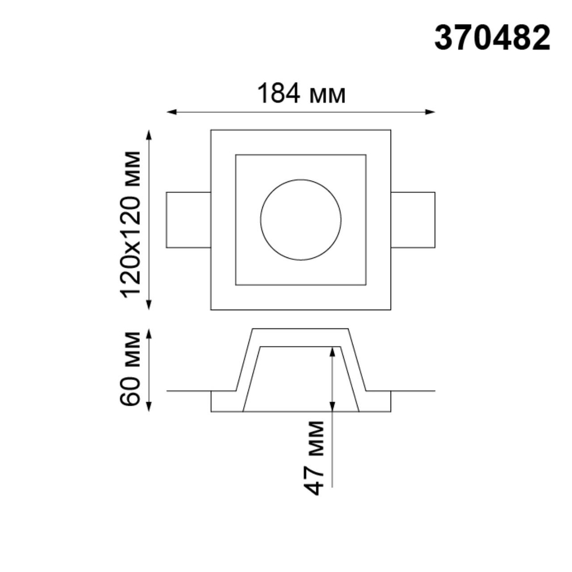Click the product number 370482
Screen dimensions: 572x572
[x=492, y=39]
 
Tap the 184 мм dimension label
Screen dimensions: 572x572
[x=301, y=94]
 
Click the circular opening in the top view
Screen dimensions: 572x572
[x=300, y=220]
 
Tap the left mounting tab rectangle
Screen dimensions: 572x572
[x=188, y=220]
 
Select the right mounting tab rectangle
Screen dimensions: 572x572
[x=413, y=220]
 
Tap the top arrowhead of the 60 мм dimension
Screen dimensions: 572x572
[x=150, y=333]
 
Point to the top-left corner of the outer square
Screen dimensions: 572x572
[x=211, y=130]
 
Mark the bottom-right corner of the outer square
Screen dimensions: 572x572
[x=391, y=310]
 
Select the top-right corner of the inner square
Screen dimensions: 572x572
[x=366, y=154]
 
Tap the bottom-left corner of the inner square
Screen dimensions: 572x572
[x=236, y=285]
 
